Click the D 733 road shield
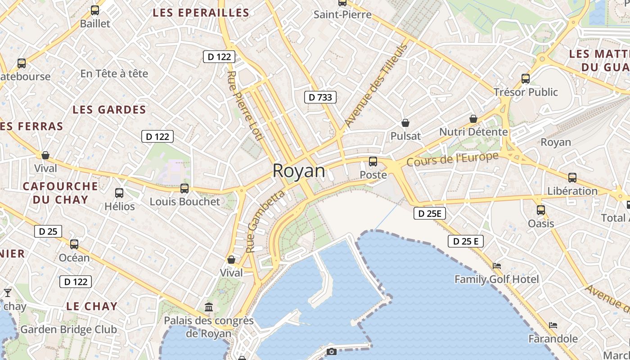click(320, 97)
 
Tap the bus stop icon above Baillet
click(94, 10)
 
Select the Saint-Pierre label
click(342, 14)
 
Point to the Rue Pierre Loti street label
click(245, 106)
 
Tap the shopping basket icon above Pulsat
click(405, 123)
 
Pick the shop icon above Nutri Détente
click(473, 119)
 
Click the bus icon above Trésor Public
click(525, 79)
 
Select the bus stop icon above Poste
click(373, 162)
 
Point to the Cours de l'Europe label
click(453, 159)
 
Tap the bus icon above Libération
click(572, 178)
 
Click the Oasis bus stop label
click(541, 223)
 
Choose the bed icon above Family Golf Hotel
click(497, 266)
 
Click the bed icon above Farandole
click(553, 325)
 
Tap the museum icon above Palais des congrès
click(209, 307)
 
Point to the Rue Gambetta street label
click(265, 221)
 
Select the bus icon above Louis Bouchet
click(184, 189)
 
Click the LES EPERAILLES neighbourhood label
click(201, 13)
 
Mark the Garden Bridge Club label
click(69, 329)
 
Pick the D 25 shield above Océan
click(48, 232)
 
